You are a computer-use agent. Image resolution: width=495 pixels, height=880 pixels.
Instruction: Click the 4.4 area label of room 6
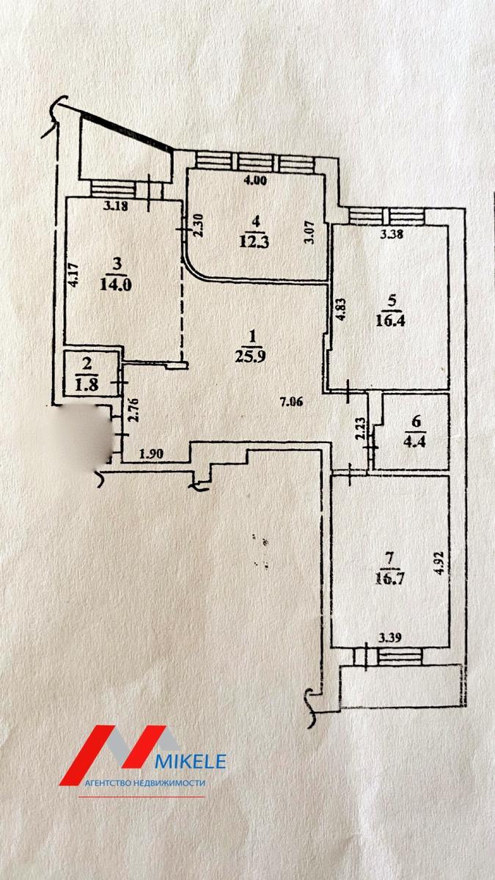click(416, 441)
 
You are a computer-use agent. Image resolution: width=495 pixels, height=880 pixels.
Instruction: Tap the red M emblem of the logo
click(117, 752)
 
